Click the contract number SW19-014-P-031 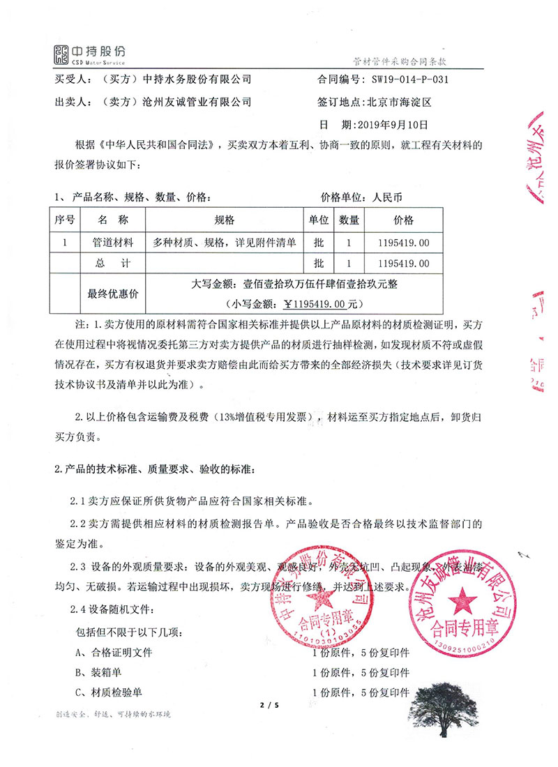(x=410, y=79)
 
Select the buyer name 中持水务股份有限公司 (x=197, y=79)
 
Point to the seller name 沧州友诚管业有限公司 (x=197, y=102)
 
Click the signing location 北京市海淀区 (x=399, y=102)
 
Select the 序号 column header (x=65, y=221)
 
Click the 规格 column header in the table (x=225, y=221)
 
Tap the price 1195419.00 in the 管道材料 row (x=403, y=243)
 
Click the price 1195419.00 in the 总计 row (x=403, y=264)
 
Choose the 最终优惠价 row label (x=112, y=294)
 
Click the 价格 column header (x=403, y=221)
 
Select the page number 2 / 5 (x=269, y=706)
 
